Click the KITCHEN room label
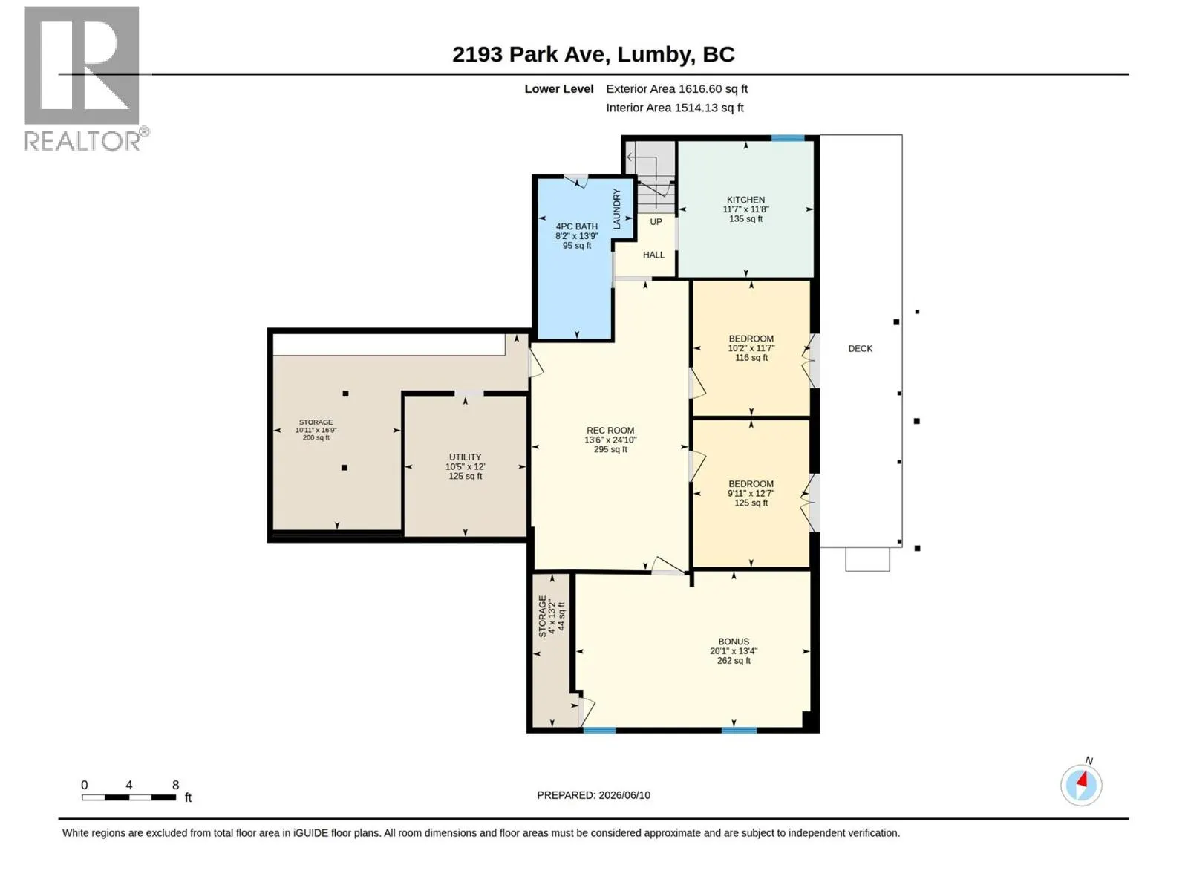click(x=745, y=200)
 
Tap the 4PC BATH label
click(x=576, y=226)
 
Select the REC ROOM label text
click(x=610, y=431)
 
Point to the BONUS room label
click(x=734, y=642)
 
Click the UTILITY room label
click(x=465, y=457)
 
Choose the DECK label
click(x=860, y=349)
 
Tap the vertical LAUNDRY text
click(x=616, y=209)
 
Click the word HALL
click(x=654, y=255)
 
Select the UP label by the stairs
click(x=656, y=222)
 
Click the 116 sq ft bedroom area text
click(x=751, y=358)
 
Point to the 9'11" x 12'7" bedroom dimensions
click(x=751, y=493)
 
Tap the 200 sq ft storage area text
click(x=316, y=437)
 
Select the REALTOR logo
click(x=86, y=79)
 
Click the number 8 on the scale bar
click(x=175, y=785)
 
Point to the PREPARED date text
click(x=594, y=795)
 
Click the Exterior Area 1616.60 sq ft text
click(x=676, y=88)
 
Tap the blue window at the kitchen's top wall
click(x=788, y=139)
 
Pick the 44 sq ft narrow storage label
click(x=561, y=616)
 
